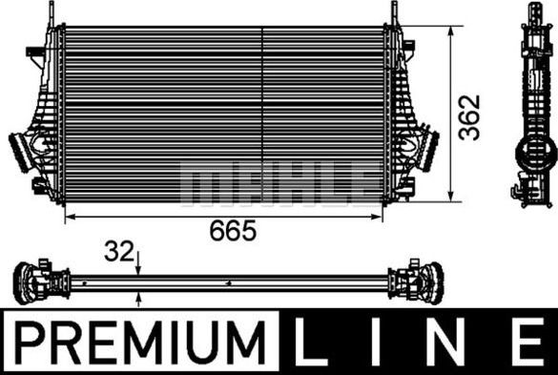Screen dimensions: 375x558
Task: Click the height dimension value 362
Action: click(469, 117)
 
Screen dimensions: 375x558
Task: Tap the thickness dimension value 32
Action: click(118, 253)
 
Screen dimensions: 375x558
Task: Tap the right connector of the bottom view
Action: click(421, 282)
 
